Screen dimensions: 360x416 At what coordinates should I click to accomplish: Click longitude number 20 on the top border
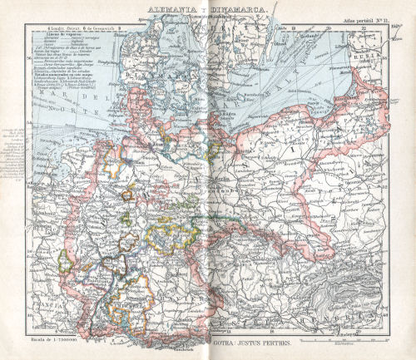point(330,25)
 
